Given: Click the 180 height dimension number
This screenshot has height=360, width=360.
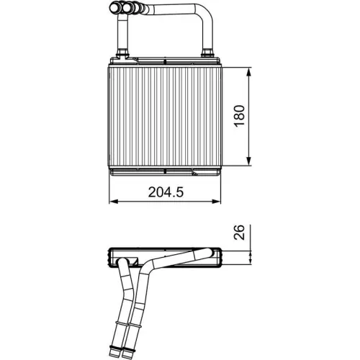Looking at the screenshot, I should [x=240, y=116].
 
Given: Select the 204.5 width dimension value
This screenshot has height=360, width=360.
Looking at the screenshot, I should [x=164, y=192].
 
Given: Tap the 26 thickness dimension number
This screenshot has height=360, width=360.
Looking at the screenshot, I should [x=240, y=232].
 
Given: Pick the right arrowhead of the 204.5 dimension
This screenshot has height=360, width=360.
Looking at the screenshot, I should [x=219, y=202].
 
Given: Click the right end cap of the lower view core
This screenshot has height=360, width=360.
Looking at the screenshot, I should [x=219, y=256].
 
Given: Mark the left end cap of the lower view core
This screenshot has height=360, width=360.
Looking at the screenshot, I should [x=111, y=256].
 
